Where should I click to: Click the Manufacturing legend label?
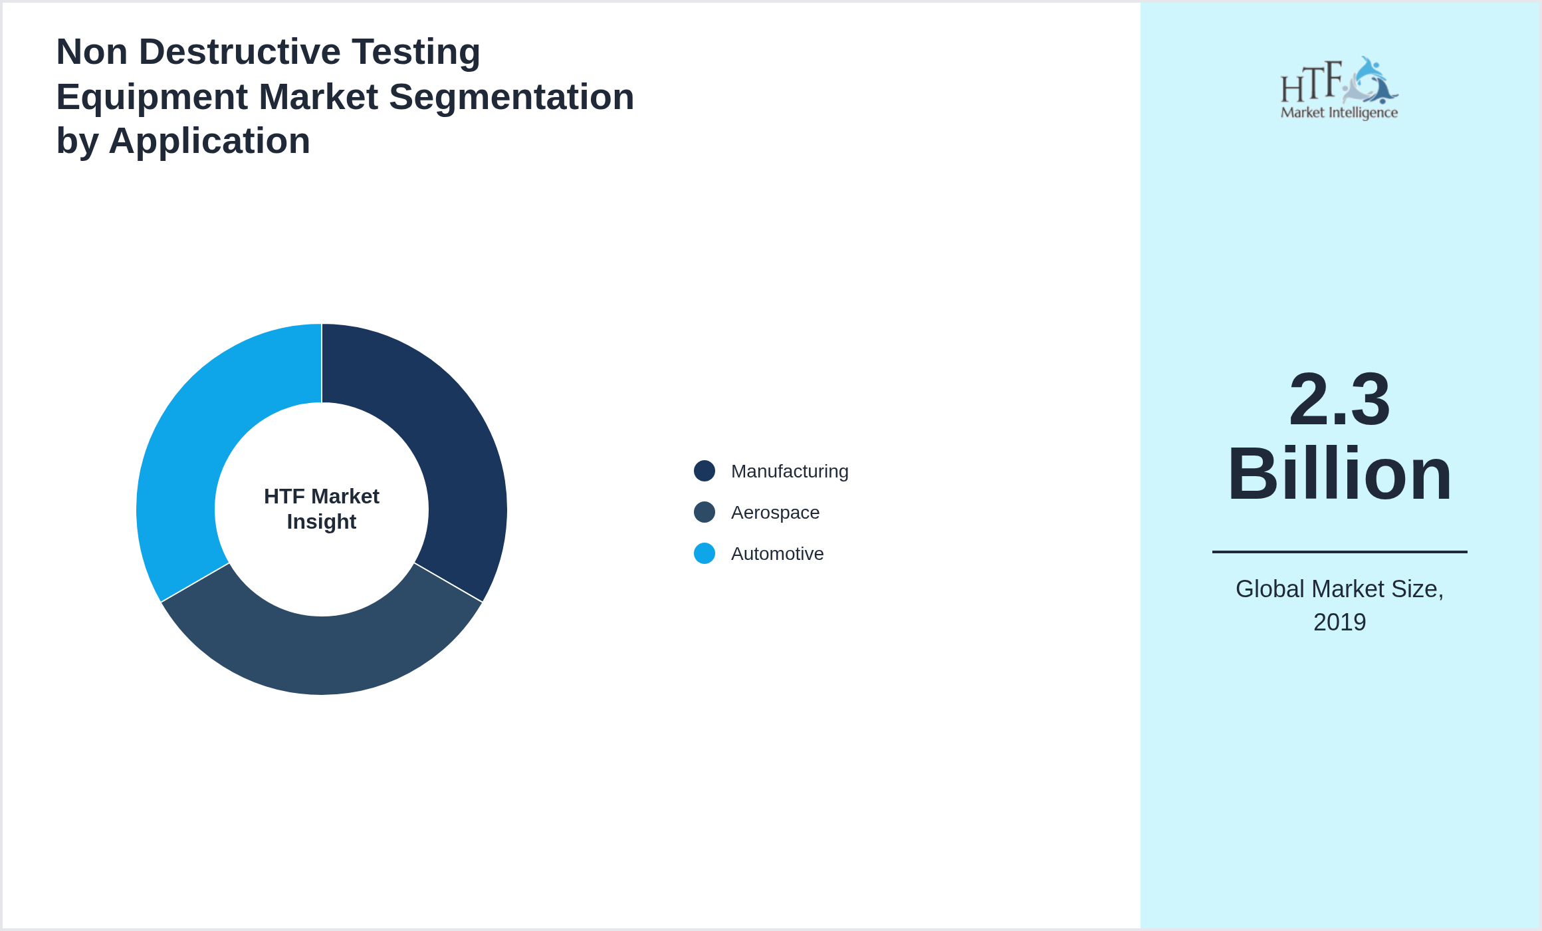(x=789, y=471)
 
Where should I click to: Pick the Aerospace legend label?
(x=775, y=513)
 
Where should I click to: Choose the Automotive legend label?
(x=777, y=554)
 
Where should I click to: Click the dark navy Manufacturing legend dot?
(x=705, y=471)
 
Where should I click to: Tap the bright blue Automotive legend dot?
(x=705, y=553)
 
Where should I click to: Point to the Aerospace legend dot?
(x=705, y=512)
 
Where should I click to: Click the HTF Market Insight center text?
(x=322, y=509)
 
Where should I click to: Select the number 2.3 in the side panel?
(x=1339, y=400)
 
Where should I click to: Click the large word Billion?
(x=1339, y=474)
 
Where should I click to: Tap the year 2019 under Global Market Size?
(x=1339, y=622)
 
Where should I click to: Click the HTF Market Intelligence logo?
(x=1339, y=88)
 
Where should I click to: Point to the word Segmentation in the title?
(x=511, y=97)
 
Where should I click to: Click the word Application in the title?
(x=209, y=141)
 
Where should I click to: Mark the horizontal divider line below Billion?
(x=1339, y=552)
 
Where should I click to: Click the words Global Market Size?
(x=1339, y=589)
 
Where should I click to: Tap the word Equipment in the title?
(x=152, y=97)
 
